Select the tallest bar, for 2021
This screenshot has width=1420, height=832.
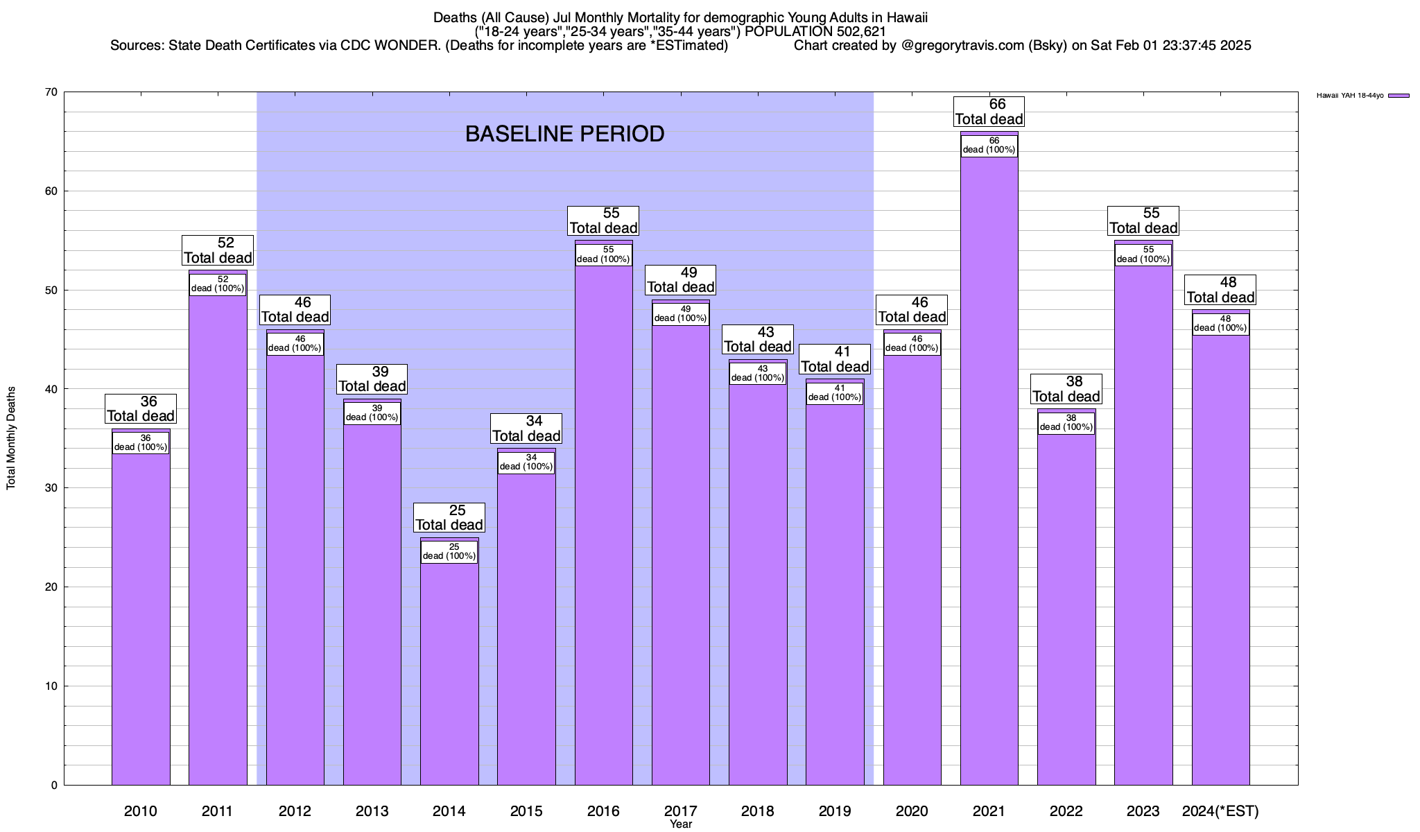point(989,485)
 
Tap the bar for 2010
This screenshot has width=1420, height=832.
point(141,624)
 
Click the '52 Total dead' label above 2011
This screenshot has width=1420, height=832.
point(218,250)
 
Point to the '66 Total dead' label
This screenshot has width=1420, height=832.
point(989,112)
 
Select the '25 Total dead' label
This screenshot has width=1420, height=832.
point(449,518)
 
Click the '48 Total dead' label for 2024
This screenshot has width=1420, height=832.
point(1220,290)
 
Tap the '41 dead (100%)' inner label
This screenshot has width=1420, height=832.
point(835,393)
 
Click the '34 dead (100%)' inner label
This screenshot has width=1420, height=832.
point(526,462)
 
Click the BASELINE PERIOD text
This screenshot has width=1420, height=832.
point(564,134)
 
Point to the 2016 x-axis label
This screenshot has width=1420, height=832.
point(603,811)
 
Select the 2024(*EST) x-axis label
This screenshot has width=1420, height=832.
point(1220,811)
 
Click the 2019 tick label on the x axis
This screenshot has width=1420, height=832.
point(835,811)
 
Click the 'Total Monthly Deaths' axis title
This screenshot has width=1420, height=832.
point(11,438)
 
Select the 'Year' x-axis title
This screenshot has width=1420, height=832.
point(681,824)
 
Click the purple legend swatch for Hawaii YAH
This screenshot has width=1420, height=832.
point(1399,96)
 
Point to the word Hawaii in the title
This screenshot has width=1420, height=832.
point(906,17)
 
